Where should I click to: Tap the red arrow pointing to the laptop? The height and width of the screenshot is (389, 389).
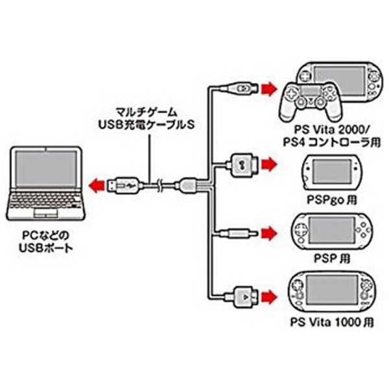pyautogui.click(x=97, y=186)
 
